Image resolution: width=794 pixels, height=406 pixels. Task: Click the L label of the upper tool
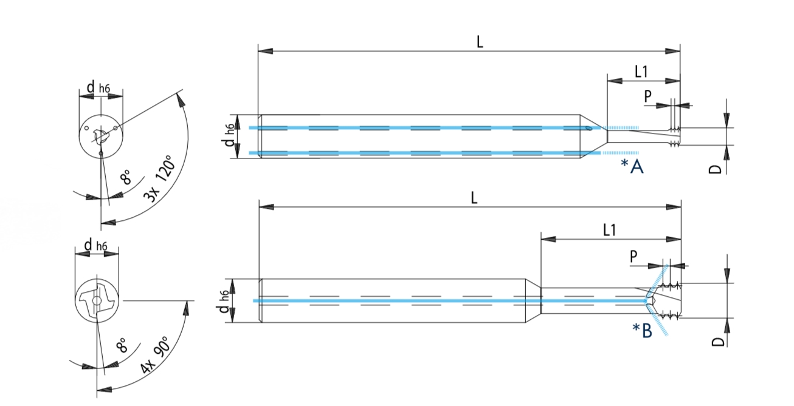click(480, 42)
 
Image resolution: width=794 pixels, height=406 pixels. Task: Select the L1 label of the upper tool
click(641, 72)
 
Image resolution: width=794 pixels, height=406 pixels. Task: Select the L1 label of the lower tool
click(609, 229)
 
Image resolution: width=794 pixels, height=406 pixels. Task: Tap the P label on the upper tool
click(648, 96)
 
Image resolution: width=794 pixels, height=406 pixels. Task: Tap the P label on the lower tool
click(634, 257)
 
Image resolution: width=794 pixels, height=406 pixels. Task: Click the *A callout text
click(632, 166)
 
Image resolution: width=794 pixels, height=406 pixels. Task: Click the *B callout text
click(643, 330)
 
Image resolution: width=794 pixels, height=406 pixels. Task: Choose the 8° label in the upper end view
click(125, 178)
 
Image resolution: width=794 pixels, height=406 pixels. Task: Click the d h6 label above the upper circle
click(98, 89)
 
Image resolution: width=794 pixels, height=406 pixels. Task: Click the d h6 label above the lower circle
click(95, 245)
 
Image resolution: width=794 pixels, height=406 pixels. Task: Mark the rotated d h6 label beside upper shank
click(229, 137)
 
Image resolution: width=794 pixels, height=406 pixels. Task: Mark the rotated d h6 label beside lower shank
click(225, 302)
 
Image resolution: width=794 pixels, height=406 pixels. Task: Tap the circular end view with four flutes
click(97, 300)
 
